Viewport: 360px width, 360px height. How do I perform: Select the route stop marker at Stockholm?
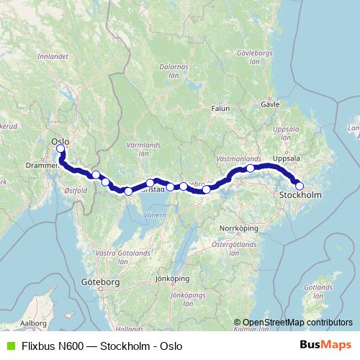[x=300, y=186]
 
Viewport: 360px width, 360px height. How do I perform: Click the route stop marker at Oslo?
[x=60, y=150]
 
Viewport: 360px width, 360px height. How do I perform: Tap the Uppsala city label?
[x=287, y=158]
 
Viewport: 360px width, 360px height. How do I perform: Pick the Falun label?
[x=220, y=109]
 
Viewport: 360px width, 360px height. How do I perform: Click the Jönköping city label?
[x=172, y=279]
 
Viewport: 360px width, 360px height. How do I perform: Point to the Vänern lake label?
[x=155, y=215]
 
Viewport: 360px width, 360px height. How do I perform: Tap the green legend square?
[x=9, y=346]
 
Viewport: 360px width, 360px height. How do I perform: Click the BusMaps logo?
[x=326, y=346]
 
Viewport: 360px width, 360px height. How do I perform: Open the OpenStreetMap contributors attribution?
[x=297, y=323]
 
